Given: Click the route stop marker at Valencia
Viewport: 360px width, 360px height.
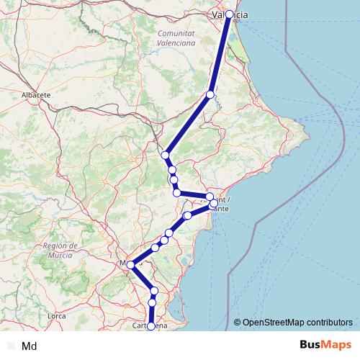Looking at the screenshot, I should coord(230,14).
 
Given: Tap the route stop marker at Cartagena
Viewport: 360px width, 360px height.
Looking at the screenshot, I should coord(150,326).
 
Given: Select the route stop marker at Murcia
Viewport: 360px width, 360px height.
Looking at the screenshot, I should coord(130,265).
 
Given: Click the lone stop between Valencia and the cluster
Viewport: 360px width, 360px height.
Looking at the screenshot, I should coord(210,94).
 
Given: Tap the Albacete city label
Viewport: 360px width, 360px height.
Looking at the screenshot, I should coord(36,94).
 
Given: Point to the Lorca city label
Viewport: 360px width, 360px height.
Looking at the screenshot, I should coord(56,315).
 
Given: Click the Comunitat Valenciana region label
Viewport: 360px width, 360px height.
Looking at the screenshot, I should coord(176,38).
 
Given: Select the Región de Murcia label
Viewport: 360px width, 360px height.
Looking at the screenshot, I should coord(65,250).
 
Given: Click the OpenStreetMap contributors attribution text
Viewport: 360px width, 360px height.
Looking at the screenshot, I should coord(297,323).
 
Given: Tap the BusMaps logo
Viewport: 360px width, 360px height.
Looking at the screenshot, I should coord(325,345).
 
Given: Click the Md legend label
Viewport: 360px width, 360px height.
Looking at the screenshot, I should coord(30,346).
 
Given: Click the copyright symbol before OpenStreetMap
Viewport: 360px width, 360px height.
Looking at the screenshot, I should coord(237,323).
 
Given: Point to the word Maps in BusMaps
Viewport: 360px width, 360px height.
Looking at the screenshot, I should coord(337,345).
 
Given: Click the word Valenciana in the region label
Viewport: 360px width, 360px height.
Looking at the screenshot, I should coord(176,43).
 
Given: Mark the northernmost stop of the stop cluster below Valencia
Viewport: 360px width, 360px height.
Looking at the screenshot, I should coord(166,156).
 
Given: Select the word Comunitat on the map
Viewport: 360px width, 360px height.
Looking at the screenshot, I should coord(176,34).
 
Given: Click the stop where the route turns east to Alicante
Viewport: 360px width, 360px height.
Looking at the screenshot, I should coord(176,192).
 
